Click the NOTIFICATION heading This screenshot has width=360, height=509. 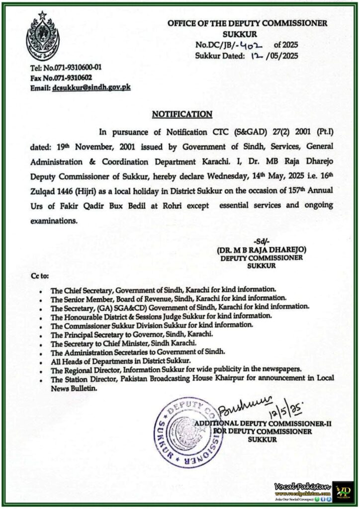click(182, 114)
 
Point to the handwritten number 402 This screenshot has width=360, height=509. click(247, 45)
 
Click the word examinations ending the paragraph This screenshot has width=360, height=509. click(53, 219)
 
